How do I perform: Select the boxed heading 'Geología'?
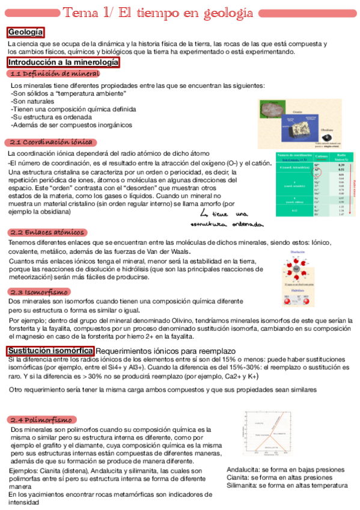coord(25,32)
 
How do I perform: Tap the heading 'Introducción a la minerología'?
coord(63,62)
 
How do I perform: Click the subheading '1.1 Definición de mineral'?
coord(55,73)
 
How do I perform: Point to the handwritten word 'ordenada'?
coord(247,224)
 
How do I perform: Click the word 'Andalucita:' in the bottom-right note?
coord(244,470)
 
